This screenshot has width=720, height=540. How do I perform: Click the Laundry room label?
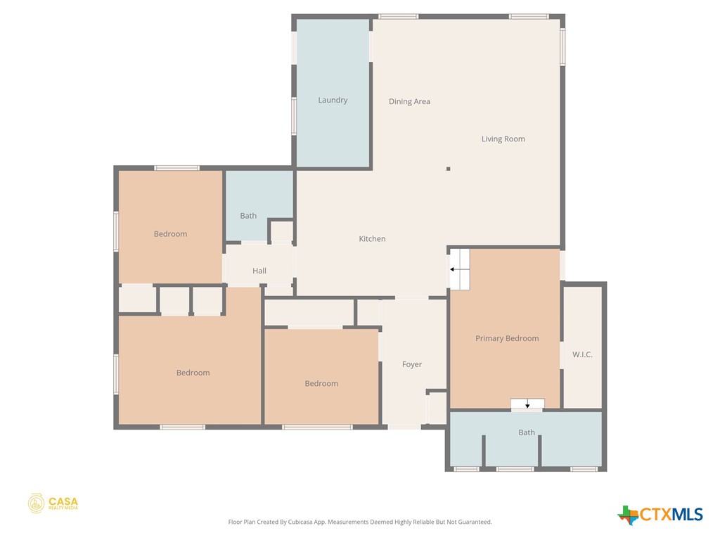coord(333,101)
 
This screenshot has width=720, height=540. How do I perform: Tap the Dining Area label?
coord(409,102)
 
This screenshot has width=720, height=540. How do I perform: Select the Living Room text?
coord(503,139)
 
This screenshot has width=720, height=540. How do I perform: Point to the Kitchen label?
coord(372,239)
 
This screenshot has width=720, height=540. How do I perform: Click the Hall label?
coord(259,271)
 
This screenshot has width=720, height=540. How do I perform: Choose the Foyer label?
coord(412,364)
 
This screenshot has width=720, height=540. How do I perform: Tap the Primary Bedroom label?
coord(507,338)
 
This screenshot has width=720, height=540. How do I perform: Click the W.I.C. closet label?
coord(582,355)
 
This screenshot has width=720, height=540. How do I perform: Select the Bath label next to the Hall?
coord(248,216)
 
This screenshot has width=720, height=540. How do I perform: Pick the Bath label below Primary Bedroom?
coord(527,432)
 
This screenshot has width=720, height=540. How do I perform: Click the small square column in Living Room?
coord(448,169)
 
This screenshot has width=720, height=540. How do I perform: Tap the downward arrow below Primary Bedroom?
coord(527,404)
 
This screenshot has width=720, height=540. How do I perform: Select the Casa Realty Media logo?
coord(53,503)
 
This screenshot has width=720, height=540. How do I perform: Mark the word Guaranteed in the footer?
coord(473,522)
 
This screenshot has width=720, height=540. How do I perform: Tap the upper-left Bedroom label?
coord(170,234)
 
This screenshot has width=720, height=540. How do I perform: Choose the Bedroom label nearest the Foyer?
coord(321,384)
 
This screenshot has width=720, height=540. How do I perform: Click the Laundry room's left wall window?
coord(294,115)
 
